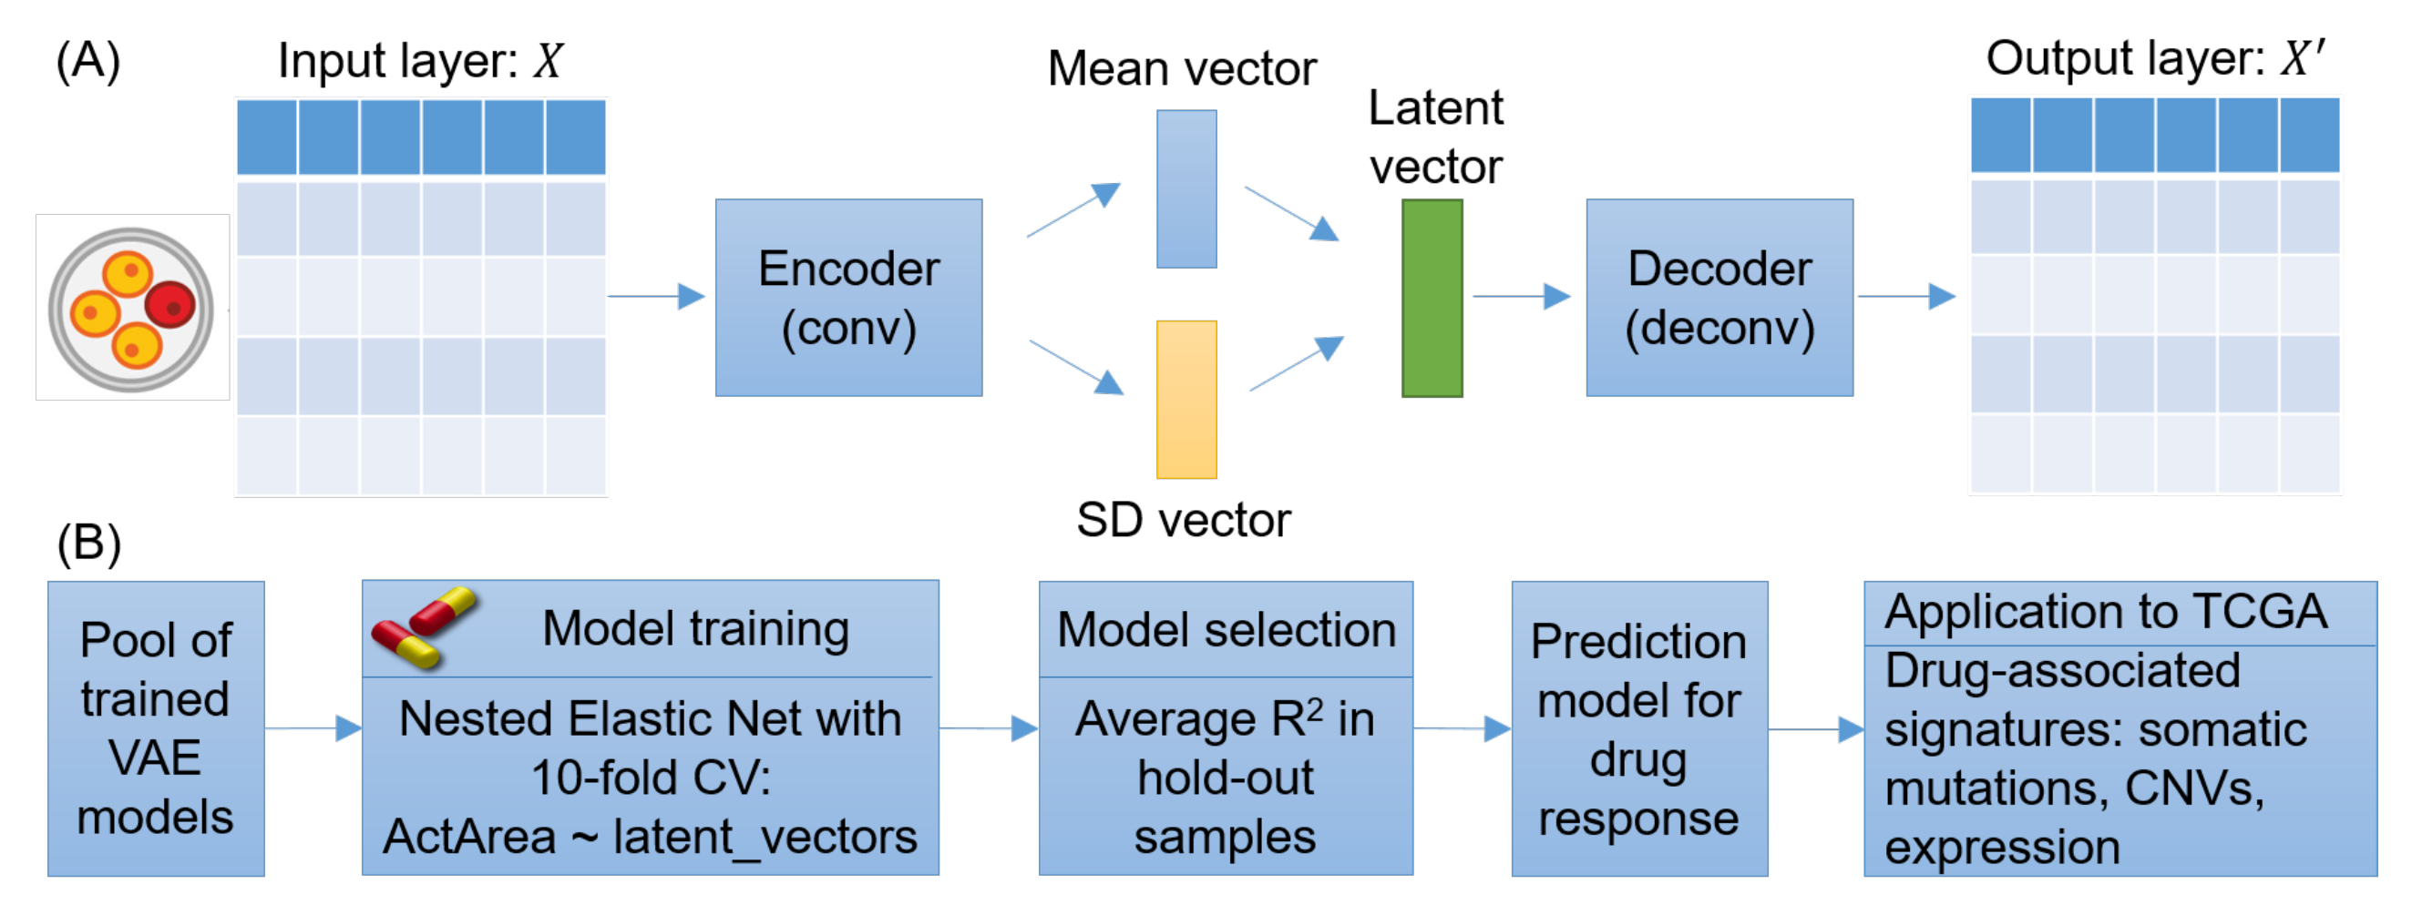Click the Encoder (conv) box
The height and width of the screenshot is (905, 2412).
[848, 298]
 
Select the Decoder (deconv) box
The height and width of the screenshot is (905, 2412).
[1719, 298]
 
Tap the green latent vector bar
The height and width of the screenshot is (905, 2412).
[1432, 298]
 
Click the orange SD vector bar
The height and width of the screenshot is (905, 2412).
[1186, 400]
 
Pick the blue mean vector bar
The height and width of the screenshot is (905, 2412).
[1186, 189]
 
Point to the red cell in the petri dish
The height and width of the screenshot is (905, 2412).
[170, 305]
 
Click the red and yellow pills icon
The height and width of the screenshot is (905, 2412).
[424, 626]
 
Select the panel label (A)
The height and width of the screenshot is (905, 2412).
[88, 62]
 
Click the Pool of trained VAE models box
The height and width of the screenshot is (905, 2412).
[156, 728]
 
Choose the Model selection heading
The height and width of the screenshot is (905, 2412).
[1226, 629]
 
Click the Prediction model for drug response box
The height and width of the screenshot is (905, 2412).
[1638, 728]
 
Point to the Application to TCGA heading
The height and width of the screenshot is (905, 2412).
[2106, 612]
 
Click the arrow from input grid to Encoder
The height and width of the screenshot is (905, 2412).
[656, 297]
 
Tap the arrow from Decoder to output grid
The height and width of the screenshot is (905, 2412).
[1906, 297]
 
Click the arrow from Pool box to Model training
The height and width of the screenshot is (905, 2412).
[313, 727]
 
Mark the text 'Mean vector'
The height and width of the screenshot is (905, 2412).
[1182, 68]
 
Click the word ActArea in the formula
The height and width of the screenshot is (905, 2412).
[469, 836]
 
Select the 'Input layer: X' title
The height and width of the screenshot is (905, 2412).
[420, 61]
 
